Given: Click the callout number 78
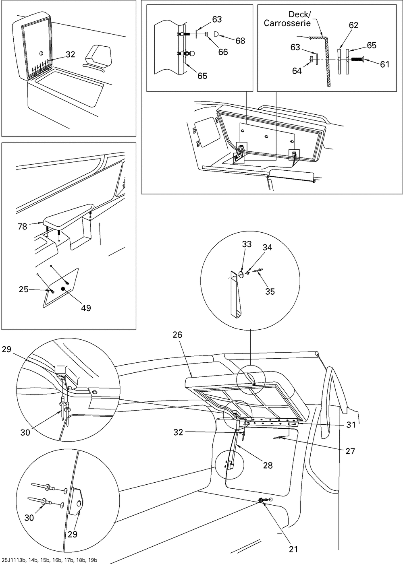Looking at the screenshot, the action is click(22, 227).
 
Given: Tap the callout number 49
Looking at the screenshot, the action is click(86, 308).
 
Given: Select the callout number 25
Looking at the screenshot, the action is click(23, 289).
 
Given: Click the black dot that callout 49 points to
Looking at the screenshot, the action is click(63, 289).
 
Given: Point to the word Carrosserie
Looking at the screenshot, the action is click(287, 23).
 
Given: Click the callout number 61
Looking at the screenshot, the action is click(384, 64).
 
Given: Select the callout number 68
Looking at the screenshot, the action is click(240, 41).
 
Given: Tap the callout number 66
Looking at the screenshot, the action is click(223, 52).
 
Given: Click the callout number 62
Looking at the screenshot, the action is click(353, 25).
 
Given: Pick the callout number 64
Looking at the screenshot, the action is click(297, 71).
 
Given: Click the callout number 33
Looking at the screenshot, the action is click(247, 244).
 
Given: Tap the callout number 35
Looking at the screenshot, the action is click(270, 291).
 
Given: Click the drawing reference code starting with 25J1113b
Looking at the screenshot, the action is click(49, 560).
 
